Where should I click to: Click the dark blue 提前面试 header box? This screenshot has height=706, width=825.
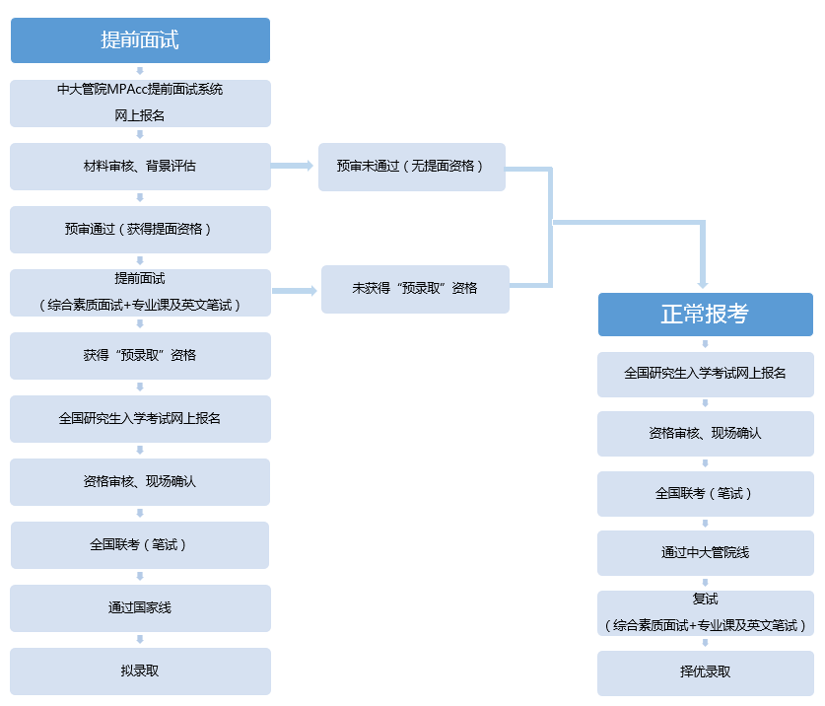tap(140, 40)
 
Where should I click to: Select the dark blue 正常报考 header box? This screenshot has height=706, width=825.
tap(705, 315)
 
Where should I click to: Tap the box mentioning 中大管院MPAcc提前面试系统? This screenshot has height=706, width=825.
tap(140, 104)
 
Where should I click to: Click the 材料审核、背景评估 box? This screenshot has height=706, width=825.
tap(140, 167)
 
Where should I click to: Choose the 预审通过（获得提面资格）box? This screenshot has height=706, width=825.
tap(140, 230)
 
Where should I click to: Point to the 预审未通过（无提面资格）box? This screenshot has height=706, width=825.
tap(411, 167)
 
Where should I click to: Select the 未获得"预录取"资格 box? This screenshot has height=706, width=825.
tap(415, 289)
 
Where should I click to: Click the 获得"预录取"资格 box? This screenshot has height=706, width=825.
tap(140, 356)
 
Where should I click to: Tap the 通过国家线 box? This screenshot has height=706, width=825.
tap(140, 608)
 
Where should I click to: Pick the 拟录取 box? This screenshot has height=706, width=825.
tap(140, 671)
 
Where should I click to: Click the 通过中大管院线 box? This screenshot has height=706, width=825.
tap(705, 553)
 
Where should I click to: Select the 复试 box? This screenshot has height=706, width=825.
tap(705, 612)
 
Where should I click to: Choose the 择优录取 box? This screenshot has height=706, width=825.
tap(705, 672)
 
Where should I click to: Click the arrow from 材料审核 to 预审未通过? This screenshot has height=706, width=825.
tap(293, 167)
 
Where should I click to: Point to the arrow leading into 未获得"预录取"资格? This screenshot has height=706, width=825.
tap(295, 291)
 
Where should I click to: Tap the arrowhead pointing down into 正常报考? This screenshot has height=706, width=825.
tap(704, 280)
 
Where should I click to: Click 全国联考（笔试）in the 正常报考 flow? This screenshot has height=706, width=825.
tap(705, 494)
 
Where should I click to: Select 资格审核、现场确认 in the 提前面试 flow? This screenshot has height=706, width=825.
tap(140, 482)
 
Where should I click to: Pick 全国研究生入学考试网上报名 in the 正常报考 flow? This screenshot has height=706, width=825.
tap(705, 375)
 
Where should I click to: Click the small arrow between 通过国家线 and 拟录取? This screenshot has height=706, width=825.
tap(140, 640)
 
